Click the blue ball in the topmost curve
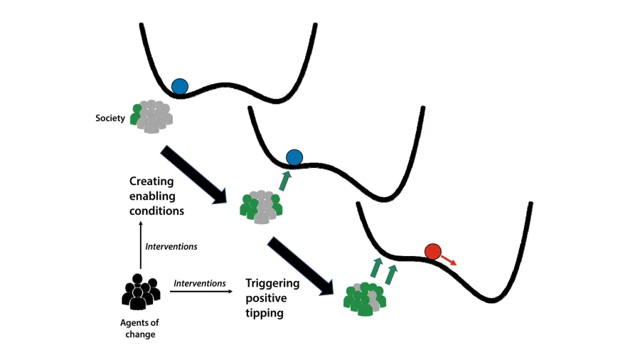pos(179,87)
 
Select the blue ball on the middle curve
pos(294,158)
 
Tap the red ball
pos(433,251)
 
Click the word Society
pos(110,117)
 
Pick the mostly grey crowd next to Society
pos(151,115)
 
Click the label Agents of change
pos(139,328)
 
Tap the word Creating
pos(152,181)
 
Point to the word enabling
pos(152,196)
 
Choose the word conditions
pos(156,211)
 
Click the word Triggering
pos(272,283)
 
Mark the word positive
pos(265,298)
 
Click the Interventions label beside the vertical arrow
pos(171,247)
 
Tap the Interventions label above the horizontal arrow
pos(200,283)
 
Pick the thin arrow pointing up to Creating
pos(140,245)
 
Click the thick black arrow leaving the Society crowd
pos(193,174)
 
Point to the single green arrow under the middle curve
pos(284,181)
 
